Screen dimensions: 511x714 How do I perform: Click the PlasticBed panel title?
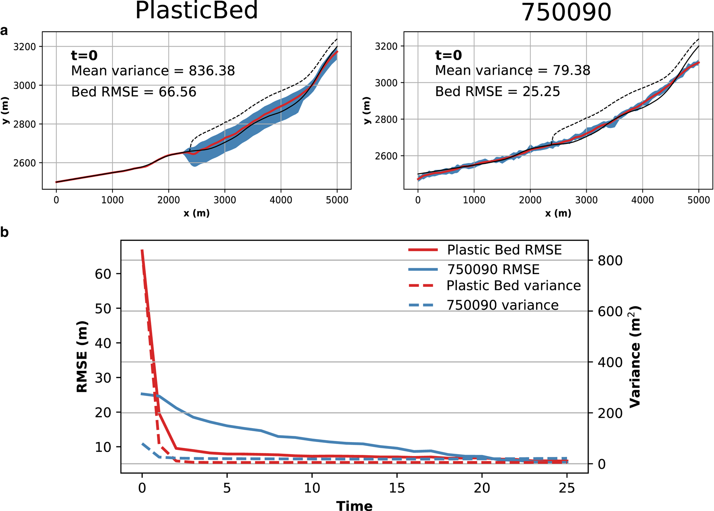tap(196, 10)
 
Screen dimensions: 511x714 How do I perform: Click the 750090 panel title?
tap(566, 12)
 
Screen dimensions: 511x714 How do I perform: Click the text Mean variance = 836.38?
tap(153, 71)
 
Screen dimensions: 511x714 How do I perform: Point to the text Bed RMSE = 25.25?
tap(497, 92)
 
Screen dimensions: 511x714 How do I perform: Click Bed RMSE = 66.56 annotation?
tap(134, 92)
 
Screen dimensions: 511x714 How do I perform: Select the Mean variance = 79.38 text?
tap(512, 70)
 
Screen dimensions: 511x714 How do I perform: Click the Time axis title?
tap(354, 506)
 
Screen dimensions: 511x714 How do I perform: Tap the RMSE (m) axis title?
tap(82, 357)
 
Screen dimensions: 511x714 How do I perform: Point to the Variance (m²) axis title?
tap(635, 357)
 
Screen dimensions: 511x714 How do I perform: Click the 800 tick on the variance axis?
tap(610, 261)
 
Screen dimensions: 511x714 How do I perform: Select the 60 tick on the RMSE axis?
tap(103, 274)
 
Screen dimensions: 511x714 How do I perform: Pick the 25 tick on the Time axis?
tap(567, 488)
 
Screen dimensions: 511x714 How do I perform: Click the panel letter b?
tap(5, 232)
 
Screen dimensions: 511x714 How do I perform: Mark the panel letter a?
tap(4, 31)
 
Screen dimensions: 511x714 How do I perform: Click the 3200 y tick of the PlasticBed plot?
tap(24, 47)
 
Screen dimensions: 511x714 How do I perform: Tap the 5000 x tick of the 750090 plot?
tap(699, 200)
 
